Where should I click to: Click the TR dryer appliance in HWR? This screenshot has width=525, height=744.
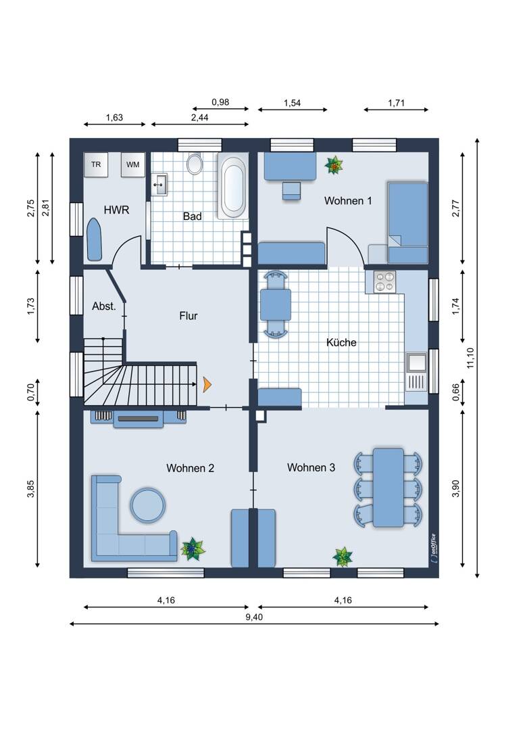point(96,164)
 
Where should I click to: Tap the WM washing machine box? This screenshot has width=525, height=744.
point(132,164)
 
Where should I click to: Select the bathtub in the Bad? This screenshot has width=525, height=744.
point(232,185)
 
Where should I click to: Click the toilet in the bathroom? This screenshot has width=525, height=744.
point(195,163)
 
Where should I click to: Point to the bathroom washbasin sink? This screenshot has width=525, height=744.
point(159,184)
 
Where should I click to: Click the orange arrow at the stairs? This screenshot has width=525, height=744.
point(207,384)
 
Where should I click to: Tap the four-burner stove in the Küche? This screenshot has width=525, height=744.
point(384,281)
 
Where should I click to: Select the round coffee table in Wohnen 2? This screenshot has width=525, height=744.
point(148,505)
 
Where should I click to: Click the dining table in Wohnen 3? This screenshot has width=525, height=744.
point(389,488)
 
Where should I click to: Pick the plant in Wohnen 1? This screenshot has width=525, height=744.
point(334,166)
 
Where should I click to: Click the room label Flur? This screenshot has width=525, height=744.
point(188,316)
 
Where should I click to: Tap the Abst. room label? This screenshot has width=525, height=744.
point(104,306)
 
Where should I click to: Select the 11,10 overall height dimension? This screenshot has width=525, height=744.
point(470,358)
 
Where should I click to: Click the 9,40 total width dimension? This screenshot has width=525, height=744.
point(254,618)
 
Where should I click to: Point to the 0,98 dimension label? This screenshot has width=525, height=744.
point(220,102)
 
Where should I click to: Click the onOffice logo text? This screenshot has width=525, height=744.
point(433,549)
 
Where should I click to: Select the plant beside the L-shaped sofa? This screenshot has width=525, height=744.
point(193,549)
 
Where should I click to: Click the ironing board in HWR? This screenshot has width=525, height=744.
point(95,239)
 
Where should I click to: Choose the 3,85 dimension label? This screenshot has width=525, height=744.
point(31,489)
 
